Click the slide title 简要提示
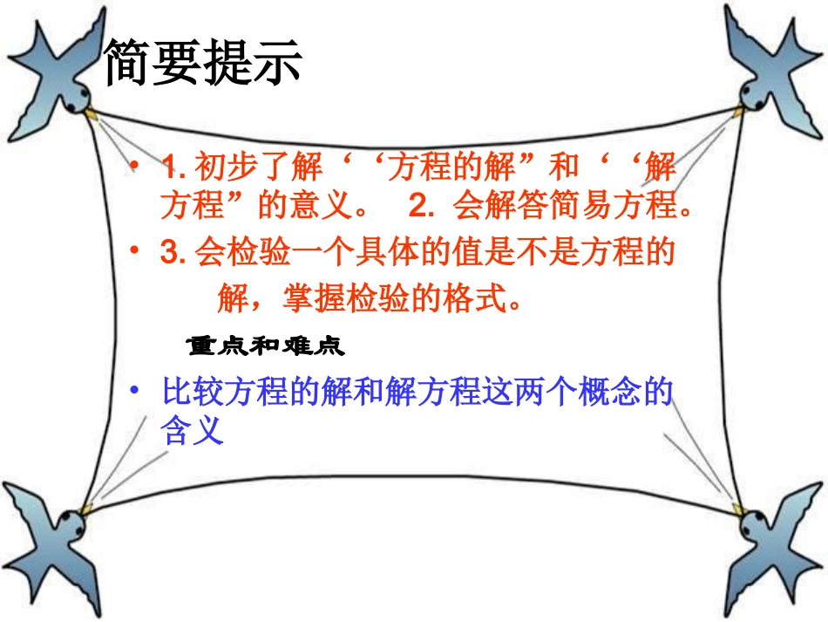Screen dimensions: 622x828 (202, 63)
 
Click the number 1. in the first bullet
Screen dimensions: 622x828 (173, 166)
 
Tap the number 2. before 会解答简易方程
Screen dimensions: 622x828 (422, 206)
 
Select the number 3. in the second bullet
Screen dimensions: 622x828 (173, 253)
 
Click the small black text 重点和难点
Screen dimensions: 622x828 (266, 347)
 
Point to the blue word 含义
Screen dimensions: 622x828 (193, 431)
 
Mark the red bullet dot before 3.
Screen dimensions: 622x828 (134, 251)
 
